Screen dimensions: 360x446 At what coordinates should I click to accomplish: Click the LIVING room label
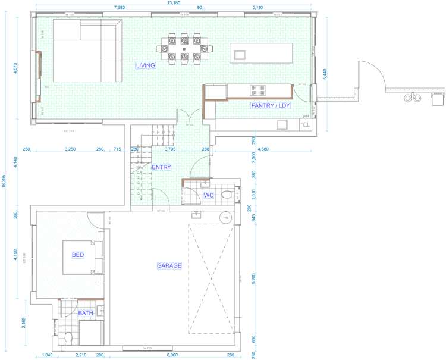tap(145, 65)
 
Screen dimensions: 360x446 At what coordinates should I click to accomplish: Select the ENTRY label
tap(161, 167)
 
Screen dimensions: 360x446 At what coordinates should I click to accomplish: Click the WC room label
tap(209, 195)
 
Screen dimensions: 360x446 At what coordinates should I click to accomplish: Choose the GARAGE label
tap(169, 265)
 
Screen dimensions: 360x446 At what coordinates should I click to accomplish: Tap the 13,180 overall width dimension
tap(173, 2)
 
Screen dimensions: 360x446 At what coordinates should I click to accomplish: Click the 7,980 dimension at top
tap(119, 8)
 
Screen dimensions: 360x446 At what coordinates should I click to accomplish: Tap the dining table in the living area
tap(183, 50)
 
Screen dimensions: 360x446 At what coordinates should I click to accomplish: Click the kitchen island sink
tap(240, 55)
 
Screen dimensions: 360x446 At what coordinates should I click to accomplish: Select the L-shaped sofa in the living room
tap(86, 51)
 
